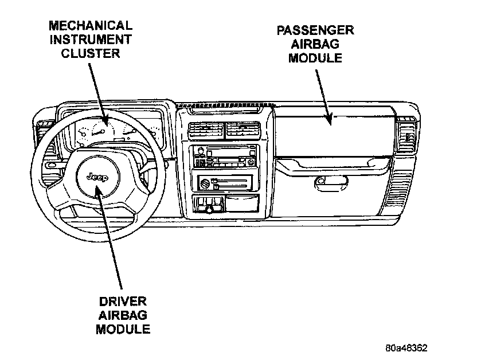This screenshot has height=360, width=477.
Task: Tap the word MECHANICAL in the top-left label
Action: tap(91, 26)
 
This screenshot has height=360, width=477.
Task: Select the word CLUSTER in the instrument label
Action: tap(91, 54)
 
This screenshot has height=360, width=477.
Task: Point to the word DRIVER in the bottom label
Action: tap(123, 301)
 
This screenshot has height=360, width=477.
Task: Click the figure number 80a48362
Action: tap(406, 348)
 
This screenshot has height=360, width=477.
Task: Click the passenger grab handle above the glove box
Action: tap(333, 166)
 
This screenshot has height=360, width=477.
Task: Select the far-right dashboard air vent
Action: tap(408, 136)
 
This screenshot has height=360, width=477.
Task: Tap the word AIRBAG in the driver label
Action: tap(123, 315)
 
